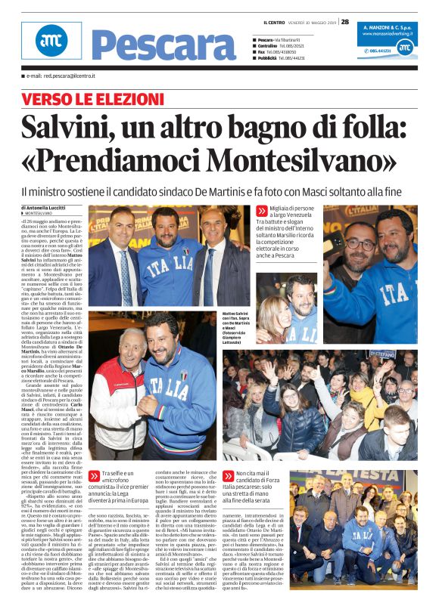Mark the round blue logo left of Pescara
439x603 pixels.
[x=50, y=42]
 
